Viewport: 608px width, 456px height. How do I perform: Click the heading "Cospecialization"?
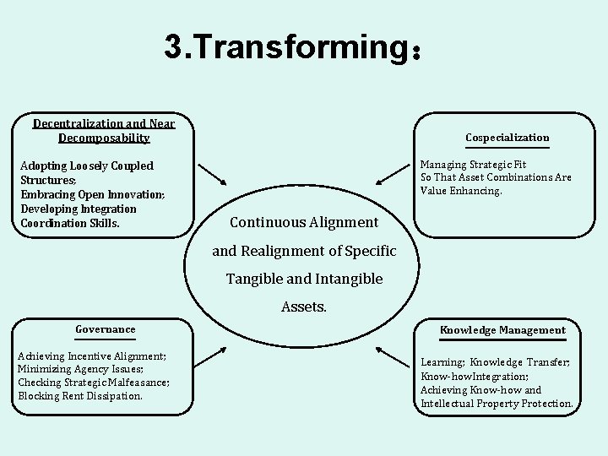coord(507,138)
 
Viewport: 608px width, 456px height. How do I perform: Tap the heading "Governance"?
coord(106,329)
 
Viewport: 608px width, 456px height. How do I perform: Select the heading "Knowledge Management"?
coord(502,330)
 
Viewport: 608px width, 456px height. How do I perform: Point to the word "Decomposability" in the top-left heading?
coord(104,138)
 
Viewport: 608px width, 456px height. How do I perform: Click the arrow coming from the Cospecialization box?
coord(392,173)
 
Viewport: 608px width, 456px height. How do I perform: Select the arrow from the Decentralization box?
coord(212,173)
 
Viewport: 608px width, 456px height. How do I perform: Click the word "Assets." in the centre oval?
coord(303,307)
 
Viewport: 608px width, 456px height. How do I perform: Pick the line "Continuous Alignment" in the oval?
coord(304,223)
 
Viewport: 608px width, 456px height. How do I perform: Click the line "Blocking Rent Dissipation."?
coord(80,396)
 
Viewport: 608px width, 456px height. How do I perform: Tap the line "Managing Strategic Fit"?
coord(473,164)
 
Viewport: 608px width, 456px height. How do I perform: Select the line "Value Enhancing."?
coord(461,191)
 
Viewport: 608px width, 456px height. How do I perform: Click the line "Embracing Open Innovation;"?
coord(92,195)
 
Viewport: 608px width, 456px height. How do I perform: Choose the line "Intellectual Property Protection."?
coord(497,404)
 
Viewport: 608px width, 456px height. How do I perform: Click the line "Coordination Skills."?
coord(69,223)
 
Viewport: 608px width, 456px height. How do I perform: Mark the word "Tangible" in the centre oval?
coord(253,279)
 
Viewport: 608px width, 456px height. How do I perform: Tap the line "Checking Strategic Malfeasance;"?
coord(93,383)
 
